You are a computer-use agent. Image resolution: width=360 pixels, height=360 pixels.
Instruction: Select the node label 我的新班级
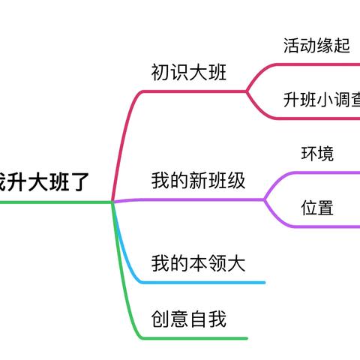(x=198, y=181)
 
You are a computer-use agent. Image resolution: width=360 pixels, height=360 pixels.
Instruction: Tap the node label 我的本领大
(x=198, y=263)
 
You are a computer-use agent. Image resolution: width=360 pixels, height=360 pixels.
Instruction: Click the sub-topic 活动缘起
(x=316, y=46)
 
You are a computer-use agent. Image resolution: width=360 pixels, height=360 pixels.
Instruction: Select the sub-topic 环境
(x=317, y=154)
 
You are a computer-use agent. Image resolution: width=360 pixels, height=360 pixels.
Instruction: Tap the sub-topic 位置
(x=317, y=208)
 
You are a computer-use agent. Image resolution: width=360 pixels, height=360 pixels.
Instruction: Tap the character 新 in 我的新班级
(x=198, y=181)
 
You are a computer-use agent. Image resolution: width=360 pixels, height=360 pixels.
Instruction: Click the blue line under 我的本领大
(x=210, y=283)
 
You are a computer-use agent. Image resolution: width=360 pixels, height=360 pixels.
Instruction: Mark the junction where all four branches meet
(x=112, y=201)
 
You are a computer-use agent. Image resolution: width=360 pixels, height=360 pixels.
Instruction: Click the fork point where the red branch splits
(x=247, y=91)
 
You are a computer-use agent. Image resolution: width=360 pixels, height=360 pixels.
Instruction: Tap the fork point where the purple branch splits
(x=265, y=199)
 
